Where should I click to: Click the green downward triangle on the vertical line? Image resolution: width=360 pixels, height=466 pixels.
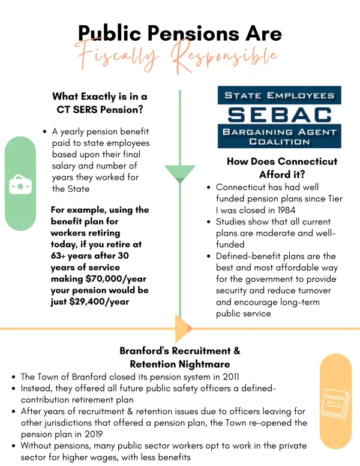coord(180,174)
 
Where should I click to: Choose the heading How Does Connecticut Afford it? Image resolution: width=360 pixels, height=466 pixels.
coord(282,168)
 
